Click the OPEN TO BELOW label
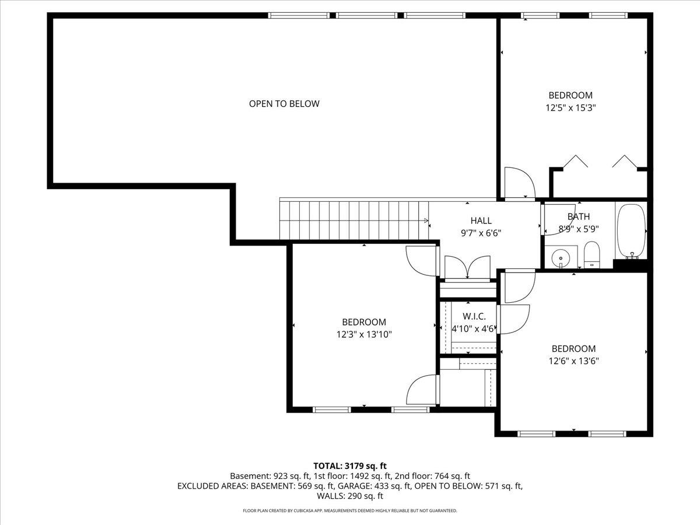pos(284,104)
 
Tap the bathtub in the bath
pos(631,231)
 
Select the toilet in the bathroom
pos(592,254)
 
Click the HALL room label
pos(481,220)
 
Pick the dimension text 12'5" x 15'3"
pos(570,108)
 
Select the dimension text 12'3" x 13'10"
pos(364,334)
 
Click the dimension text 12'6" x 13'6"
pos(574,361)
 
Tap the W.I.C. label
pos(474,316)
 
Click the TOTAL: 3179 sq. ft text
pos(350,466)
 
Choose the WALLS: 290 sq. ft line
pos(350,496)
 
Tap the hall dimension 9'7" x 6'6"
pos(481,233)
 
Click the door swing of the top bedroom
pos(520,182)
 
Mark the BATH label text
pos(579,216)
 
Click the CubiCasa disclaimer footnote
pos(350,510)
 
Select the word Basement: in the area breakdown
pos(250,476)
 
